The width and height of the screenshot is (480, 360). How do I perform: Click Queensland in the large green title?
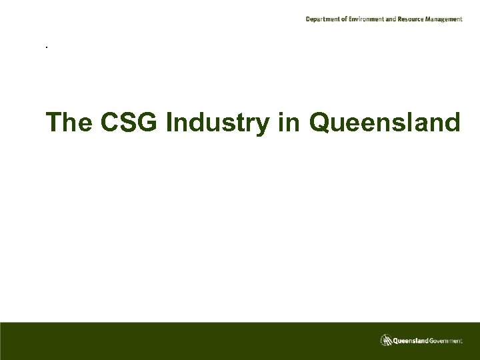385,123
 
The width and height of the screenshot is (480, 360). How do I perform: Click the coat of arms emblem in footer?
386,340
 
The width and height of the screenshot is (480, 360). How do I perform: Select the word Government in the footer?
445,341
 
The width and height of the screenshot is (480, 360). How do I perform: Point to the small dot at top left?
46,47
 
